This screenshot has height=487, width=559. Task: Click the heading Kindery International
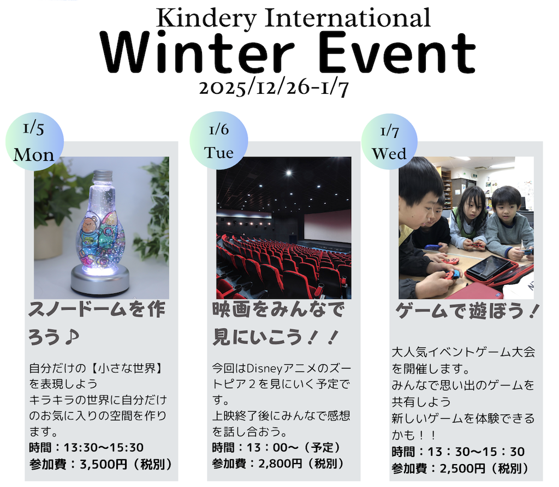coord(293,18)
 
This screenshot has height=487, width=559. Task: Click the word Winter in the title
coord(197,52)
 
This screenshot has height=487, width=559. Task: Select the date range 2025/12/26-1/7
coord(274,88)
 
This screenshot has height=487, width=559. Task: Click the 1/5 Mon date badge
coord(34,142)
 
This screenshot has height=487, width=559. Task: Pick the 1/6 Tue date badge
coord(218,140)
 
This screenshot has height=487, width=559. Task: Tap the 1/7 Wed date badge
coord(389,142)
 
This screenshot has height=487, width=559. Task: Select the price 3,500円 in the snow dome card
coord(103,464)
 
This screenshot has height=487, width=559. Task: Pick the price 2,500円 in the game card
coord(462,468)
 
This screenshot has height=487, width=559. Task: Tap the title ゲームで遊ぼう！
coord(467,311)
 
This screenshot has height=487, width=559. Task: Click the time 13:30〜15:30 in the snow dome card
coord(103,447)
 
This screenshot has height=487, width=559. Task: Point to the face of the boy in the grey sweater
coord(506,206)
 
